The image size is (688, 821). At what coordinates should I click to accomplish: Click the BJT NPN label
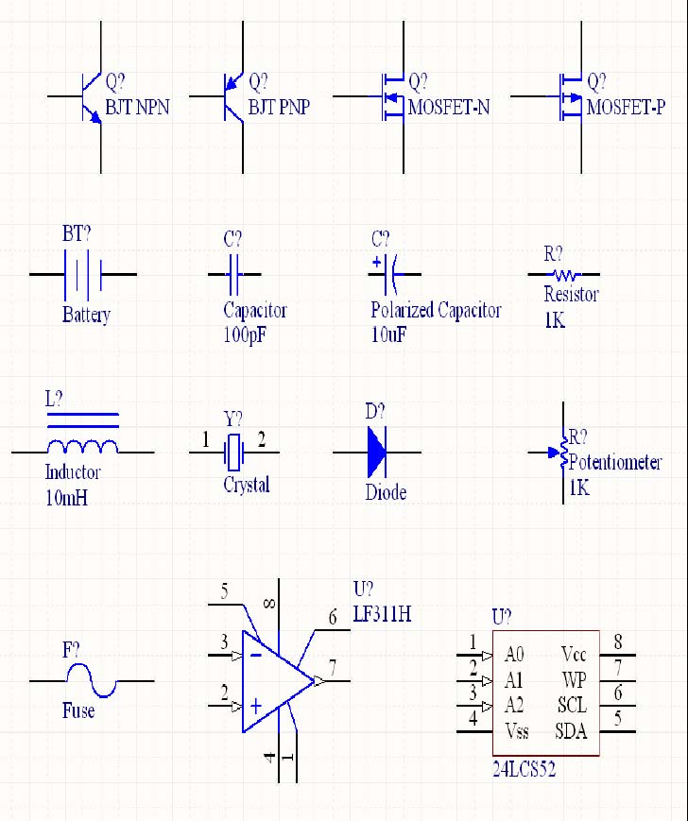(137, 107)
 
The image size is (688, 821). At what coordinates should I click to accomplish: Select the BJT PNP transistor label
(279, 107)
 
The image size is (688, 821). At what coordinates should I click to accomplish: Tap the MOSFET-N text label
(449, 107)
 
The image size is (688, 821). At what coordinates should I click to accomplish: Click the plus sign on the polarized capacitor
(377, 262)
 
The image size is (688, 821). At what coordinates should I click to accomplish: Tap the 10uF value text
(388, 334)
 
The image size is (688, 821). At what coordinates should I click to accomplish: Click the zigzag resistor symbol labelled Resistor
(565, 275)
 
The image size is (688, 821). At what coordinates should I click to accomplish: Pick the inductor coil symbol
(83, 446)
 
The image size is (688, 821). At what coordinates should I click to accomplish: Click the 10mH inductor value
(66, 497)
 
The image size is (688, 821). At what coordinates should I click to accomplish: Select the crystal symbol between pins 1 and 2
(234, 453)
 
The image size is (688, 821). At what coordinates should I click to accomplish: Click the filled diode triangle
(377, 453)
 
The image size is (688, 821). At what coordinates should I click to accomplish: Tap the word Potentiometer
(615, 463)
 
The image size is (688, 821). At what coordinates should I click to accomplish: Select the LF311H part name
(382, 614)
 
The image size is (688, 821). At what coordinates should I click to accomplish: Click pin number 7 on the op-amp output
(333, 668)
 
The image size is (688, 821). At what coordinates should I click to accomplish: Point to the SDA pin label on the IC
(572, 730)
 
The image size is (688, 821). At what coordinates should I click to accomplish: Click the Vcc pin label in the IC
(574, 654)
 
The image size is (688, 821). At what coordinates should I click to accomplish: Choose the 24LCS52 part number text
(524, 770)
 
